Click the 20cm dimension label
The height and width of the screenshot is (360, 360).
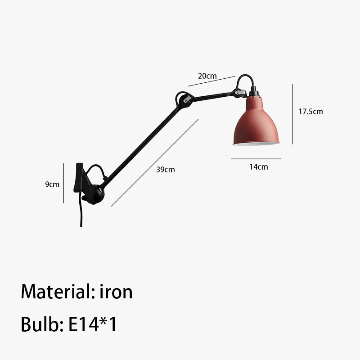click(x=207, y=76)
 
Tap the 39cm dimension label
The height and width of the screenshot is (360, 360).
click(x=166, y=170)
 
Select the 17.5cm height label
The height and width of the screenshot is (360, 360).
click(x=310, y=112)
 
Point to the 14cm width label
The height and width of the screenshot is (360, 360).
click(x=259, y=167)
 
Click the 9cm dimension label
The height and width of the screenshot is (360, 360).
click(x=52, y=184)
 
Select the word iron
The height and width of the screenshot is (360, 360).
click(x=116, y=292)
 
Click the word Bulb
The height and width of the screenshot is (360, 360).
click(x=42, y=324)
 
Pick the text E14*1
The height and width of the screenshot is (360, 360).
click(x=93, y=324)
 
